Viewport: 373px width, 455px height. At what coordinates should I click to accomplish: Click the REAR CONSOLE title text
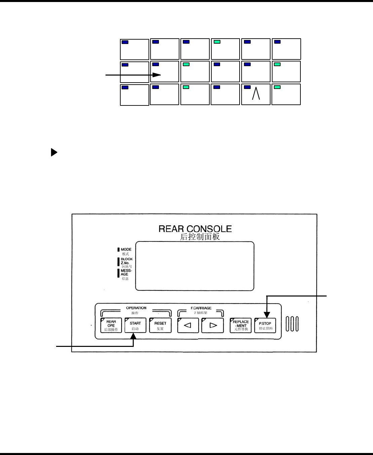(x=195, y=229)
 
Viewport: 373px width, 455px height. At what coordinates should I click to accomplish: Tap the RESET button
(x=160, y=325)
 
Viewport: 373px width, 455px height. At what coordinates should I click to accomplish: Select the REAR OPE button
(x=111, y=325)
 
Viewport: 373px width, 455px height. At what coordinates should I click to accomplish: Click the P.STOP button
(x=265, y=325)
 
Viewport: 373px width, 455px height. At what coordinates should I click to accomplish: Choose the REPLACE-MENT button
(x=241, y=325)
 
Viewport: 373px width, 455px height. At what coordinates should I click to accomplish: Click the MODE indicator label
(x=126, y=249)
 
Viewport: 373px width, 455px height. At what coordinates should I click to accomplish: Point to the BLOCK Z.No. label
(x=126, y=261)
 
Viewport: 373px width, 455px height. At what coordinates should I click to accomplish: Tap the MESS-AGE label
(x=126, y=272)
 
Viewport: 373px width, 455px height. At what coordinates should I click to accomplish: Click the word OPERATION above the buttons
(x=136, y=308)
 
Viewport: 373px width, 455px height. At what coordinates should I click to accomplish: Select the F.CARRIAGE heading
(x=201, y=308)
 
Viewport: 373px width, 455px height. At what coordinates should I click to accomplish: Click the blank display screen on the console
(x=195, y=266)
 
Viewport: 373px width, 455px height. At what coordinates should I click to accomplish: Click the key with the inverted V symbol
(x=256, y=94)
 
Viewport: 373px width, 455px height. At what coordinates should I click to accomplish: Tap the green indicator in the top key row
(x=217, y=42)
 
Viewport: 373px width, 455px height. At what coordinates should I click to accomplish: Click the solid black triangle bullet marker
(x=54, y=153)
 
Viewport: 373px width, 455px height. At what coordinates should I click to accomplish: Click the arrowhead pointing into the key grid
(x=157, y=75)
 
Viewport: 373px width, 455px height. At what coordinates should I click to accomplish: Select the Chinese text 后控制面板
(x=200, y=237)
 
